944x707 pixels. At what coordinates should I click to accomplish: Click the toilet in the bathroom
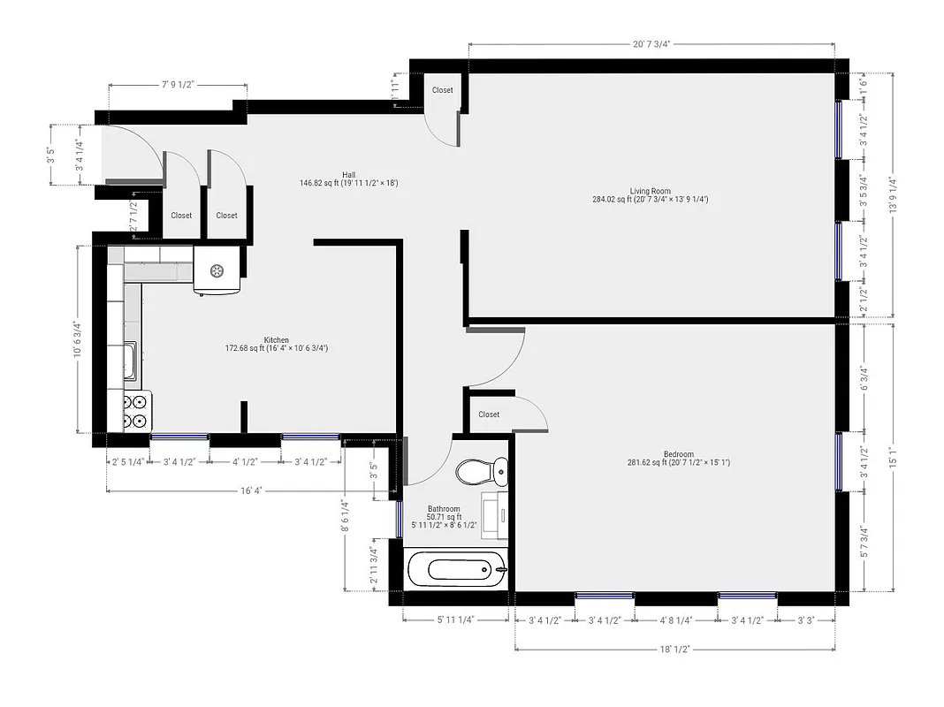click(x=483, y=471)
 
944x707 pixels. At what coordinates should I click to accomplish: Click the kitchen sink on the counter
click(x=130, y=361)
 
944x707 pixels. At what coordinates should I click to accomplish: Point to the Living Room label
click(x=650, y=191)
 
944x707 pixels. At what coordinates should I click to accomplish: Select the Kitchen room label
click(x=276, y=340)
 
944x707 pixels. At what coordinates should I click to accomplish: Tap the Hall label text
click(x=349, y=174)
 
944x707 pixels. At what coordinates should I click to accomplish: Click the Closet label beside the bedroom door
click(x=489, y=414)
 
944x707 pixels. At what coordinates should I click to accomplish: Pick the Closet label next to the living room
click(x=442, y=90)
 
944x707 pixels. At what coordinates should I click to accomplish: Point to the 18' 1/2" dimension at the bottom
click(x=674, y=649)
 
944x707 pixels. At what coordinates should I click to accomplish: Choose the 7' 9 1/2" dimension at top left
click(x=178, y=85)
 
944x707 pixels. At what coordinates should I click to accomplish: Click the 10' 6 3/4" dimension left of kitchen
click(x=79, y=339)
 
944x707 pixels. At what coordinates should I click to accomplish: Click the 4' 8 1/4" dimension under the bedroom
click(x=676, y=620)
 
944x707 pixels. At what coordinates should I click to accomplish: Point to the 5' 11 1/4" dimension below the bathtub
click(x=456, y=620)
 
